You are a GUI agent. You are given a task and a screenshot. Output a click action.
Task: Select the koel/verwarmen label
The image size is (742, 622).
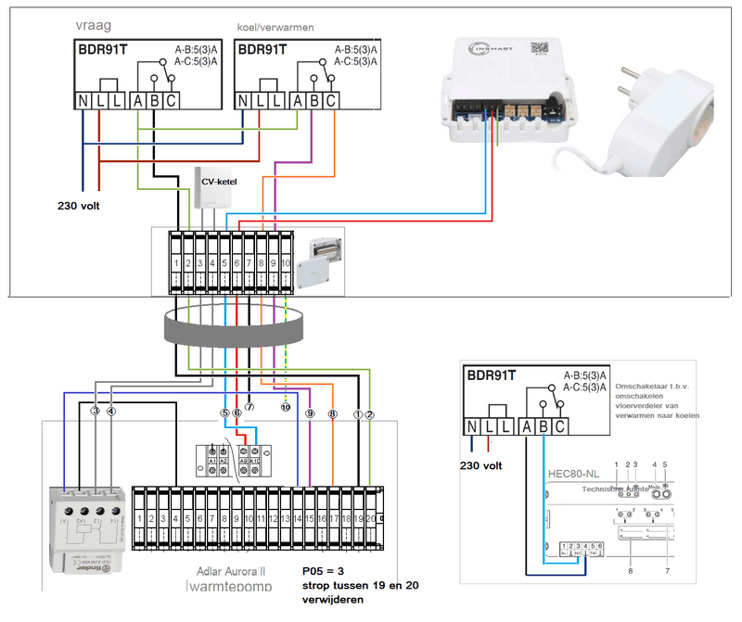276,28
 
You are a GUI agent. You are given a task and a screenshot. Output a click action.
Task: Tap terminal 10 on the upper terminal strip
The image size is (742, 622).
286,264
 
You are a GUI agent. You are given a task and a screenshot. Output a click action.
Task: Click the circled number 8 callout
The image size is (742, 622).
334,415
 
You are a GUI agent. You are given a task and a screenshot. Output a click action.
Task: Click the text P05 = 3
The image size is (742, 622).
329,572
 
